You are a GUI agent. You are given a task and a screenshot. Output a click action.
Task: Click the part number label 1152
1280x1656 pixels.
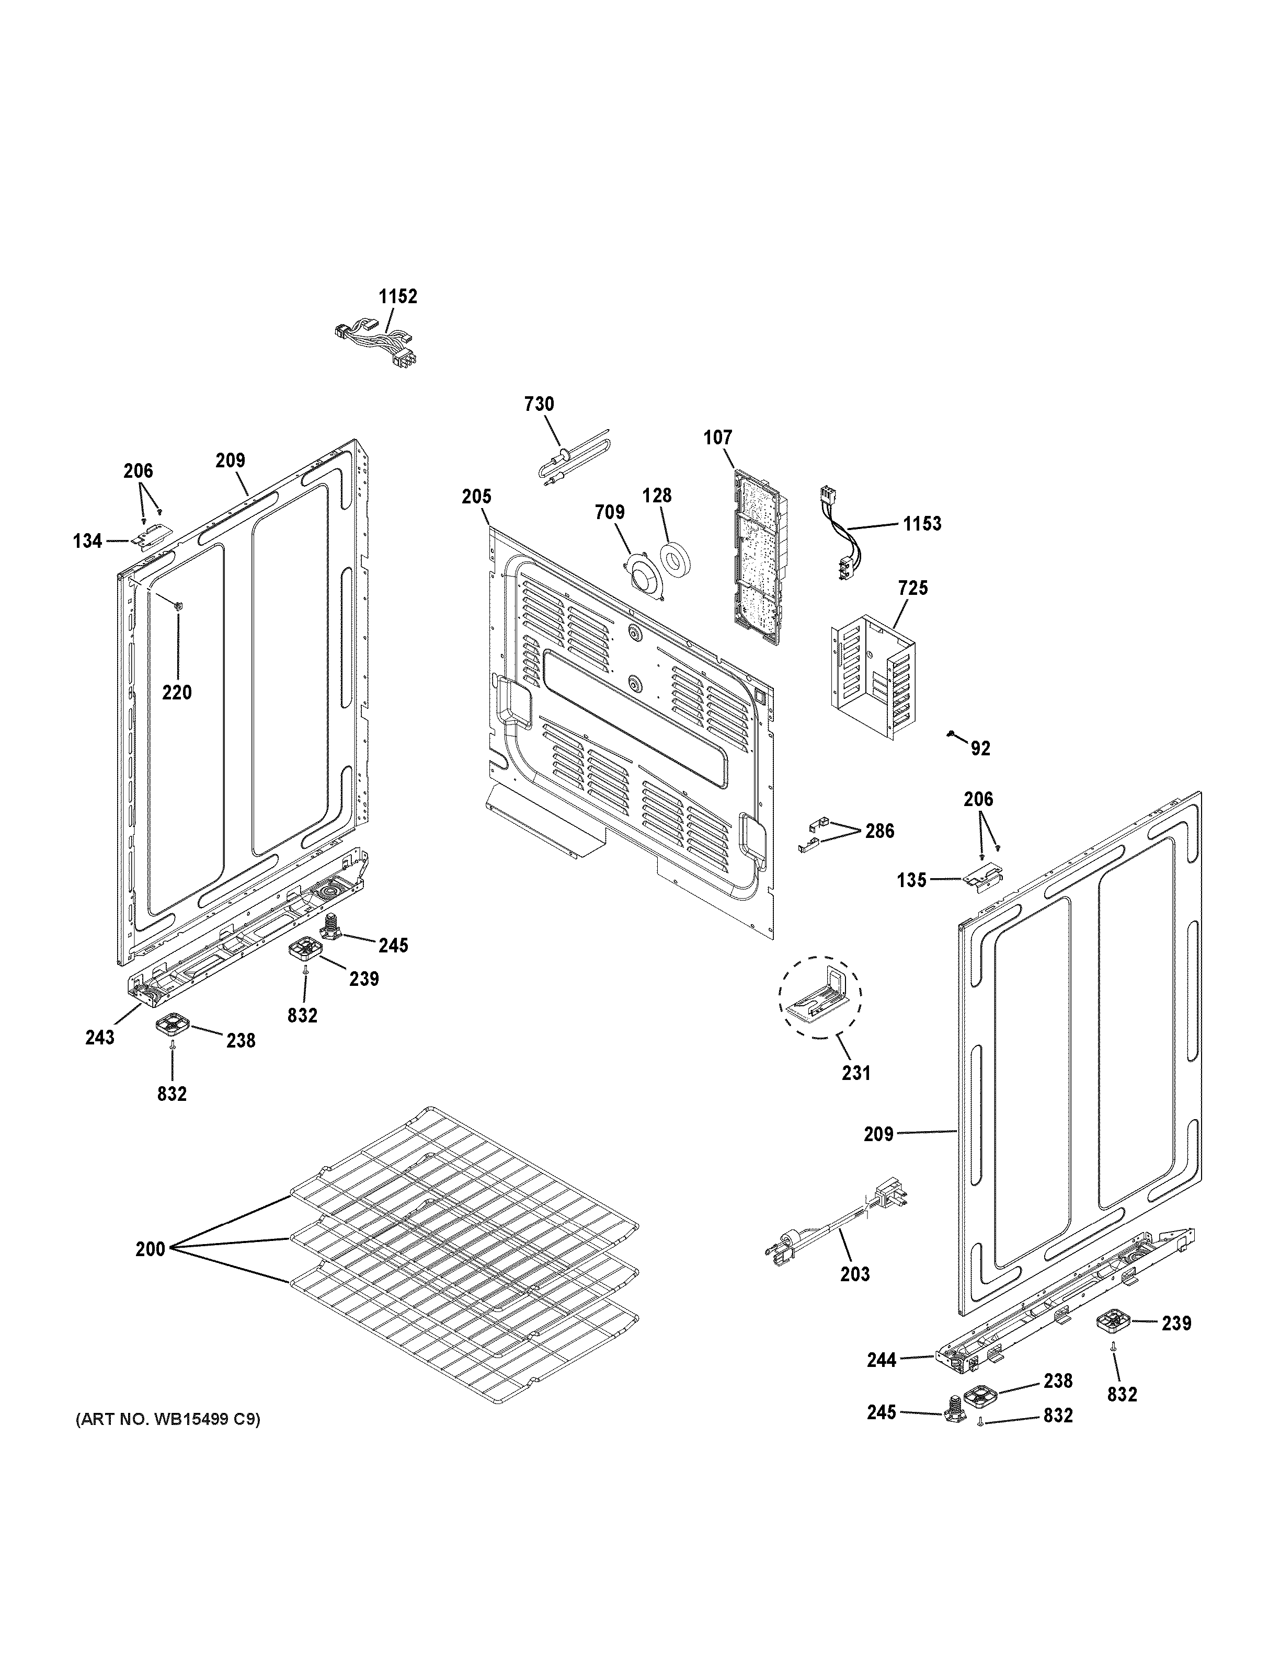tap(398, 296)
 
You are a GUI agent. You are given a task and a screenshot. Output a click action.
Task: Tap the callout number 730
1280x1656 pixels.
tap(539, 404)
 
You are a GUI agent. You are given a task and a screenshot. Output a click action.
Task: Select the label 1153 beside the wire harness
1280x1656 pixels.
tap(922, 523)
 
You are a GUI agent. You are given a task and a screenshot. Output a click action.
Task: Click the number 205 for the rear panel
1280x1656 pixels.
tap(476, 497)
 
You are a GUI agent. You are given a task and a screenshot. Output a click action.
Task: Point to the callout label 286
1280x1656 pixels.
tap(879, 831)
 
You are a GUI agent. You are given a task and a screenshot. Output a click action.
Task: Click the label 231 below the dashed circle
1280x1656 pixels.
tap(855, 1073)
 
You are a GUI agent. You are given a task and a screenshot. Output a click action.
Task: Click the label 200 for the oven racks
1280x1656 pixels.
tap(150, 1249)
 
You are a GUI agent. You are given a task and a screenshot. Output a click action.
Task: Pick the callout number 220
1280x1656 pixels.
tap(177, 692)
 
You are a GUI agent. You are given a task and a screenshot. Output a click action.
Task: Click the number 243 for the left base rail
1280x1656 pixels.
tap(99, 1037)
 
